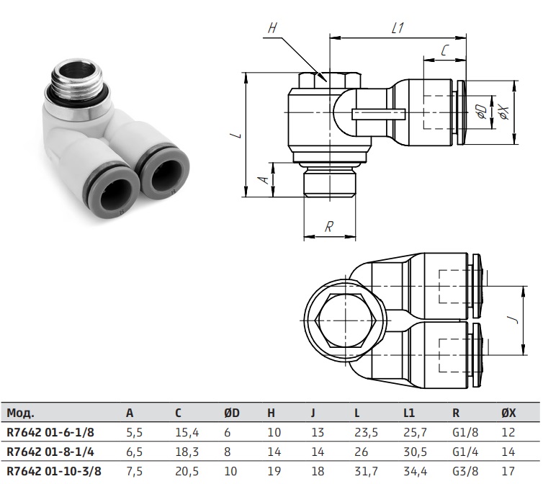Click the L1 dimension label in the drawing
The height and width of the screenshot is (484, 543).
pos(398,27)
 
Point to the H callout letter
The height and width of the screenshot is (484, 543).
pos(272,27)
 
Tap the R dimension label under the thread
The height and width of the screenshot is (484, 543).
pos(329,227)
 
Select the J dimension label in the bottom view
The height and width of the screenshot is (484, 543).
pos(516,319)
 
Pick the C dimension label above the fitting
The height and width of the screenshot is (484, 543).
pos(444,50)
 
